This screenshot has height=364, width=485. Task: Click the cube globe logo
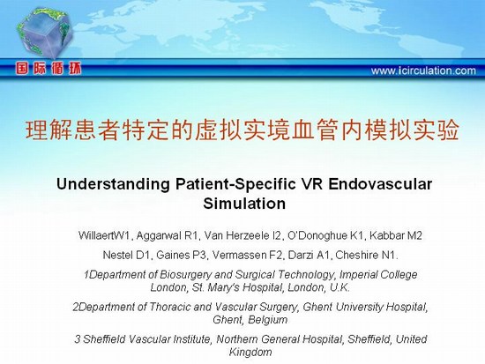tap(45, 33)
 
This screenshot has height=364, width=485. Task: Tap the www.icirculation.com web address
tap(423, 71)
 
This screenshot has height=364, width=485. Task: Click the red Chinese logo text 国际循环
tap(48, 69)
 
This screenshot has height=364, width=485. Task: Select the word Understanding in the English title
tap(113, 184)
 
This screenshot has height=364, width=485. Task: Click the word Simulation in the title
tap(244, 204)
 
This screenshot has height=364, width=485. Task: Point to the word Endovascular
tap(380, 184)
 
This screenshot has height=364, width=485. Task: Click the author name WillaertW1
tap(104, 235)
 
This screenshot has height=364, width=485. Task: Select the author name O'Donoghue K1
tap(325, 235)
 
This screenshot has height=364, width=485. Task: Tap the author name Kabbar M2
tap(396, 235)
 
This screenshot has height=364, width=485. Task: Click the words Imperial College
tap(378, 275)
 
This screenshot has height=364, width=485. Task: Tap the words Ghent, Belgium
tap(250, 319)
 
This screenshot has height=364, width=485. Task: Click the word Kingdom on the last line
tap(250, 352)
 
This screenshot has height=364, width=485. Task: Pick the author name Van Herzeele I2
tap(242, 235)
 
